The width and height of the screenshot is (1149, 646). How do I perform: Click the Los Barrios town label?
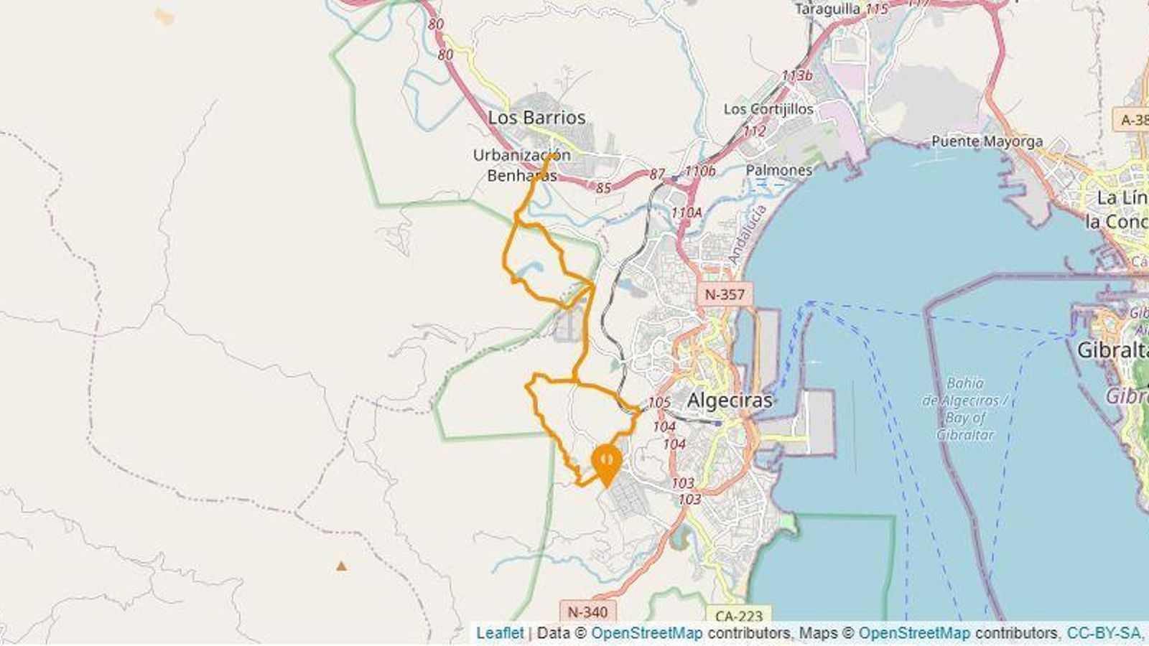click(536, 117)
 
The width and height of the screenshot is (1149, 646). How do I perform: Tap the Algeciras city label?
click(730, 400)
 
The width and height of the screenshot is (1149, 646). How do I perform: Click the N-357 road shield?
click(725, 294)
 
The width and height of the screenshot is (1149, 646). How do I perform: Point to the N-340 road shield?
click(587, 612)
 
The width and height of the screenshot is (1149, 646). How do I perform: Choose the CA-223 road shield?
click(739, 615)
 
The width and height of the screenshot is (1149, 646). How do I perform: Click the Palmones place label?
click(778, 170)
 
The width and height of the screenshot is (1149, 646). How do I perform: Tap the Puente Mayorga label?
click(987, 141)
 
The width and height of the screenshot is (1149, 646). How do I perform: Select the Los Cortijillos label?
click(768, 109)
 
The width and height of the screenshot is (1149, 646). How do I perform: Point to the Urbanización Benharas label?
click(522, 165)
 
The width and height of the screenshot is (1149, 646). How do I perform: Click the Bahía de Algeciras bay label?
click(964, 408)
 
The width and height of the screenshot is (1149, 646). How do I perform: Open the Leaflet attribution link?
click(500, 633)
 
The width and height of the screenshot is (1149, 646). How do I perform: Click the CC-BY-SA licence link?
click(1103, 633)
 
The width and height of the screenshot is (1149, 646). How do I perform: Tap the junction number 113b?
click(797, 76)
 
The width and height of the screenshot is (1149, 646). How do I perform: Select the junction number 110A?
click(687, 212)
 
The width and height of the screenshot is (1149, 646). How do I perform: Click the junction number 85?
click(603, 188)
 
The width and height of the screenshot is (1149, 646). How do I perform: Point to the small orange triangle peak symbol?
click(342, 566)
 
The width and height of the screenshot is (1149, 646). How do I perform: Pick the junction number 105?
click(659, 403)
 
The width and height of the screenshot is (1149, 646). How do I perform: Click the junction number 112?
click(754, 131)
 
